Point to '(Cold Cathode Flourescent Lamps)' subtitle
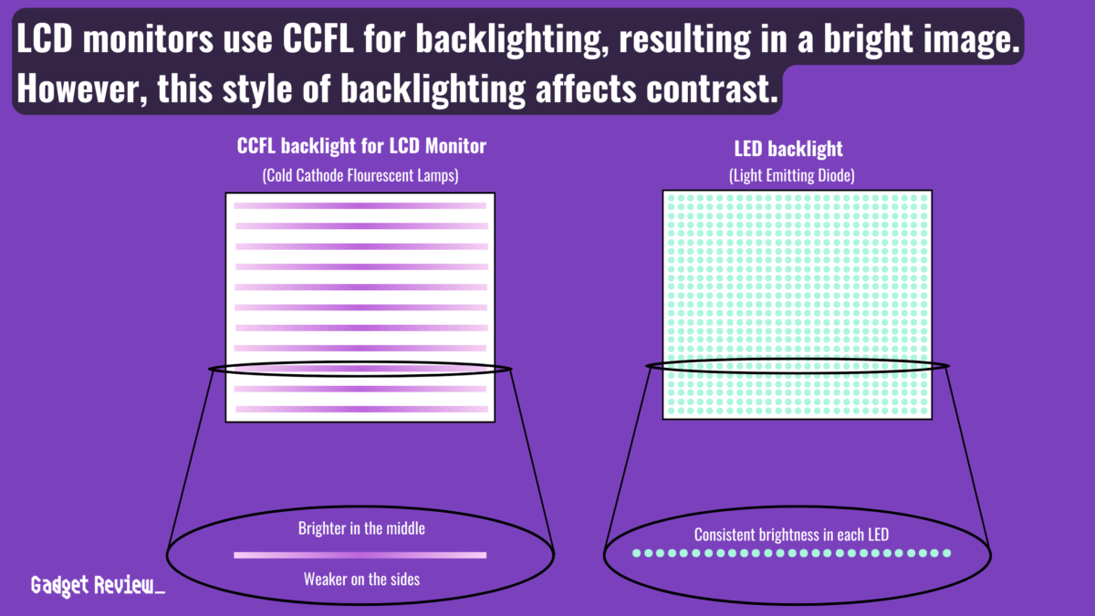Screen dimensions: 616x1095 tap(360, 175)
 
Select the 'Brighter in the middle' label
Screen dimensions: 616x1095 tap(361, 528)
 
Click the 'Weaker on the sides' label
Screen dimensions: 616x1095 tap(361, 579)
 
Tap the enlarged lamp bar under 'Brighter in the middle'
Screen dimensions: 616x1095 tap(360, 554)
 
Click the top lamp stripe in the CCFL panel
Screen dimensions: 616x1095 tap(360, 205)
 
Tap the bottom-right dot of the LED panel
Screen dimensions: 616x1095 tap(924, 412)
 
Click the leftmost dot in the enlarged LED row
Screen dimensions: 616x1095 tap(637, 553)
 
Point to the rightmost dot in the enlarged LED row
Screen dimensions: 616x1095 tap(946, 553)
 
